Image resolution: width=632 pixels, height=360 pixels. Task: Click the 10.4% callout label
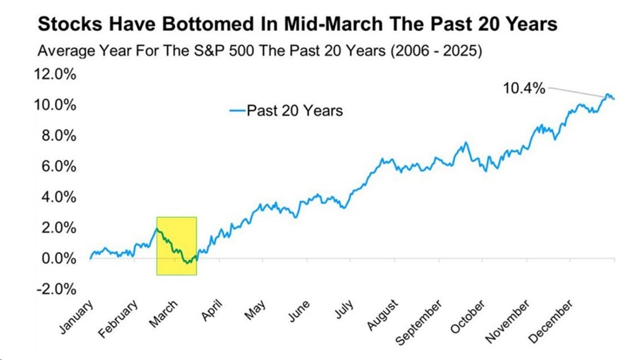pyautogui.click(x=523, y=89)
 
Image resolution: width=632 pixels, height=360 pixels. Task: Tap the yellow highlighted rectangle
pyautogui.click(x=176, y=246)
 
